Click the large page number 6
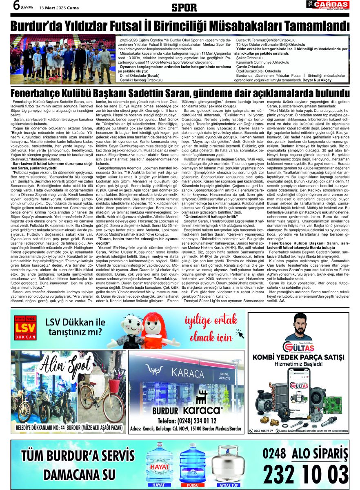pyautogui.click(x=17, y=6)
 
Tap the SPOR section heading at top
pyautogui.click(x=180, y=7)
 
